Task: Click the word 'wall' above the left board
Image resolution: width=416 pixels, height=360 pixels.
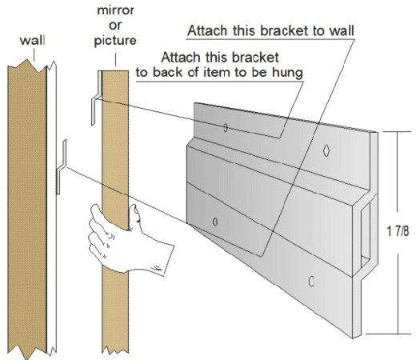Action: point(32,41)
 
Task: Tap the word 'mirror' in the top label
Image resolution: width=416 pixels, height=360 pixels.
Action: point(115,10)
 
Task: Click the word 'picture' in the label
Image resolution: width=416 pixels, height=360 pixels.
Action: point(115,41)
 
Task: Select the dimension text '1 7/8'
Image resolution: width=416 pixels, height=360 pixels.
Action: point(398,231)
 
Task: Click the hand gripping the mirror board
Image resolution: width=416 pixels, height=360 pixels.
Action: point(126,240)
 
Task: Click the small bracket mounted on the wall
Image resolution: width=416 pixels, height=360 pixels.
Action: point(61,166)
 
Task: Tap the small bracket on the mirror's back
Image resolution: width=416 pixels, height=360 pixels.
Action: point(97,98)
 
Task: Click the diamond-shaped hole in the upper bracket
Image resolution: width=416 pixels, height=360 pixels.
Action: point(326,151)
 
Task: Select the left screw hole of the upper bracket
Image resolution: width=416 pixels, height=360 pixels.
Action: point(226,128)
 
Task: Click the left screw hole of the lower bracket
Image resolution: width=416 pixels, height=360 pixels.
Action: point(215,222)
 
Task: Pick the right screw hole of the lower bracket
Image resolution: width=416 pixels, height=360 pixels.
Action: point(311,281)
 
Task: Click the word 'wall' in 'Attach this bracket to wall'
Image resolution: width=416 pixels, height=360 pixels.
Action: point(342,30)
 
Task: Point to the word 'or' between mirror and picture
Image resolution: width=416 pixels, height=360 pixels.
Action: point(115,26)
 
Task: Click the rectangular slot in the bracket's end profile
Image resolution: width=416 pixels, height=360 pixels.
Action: point(366,234)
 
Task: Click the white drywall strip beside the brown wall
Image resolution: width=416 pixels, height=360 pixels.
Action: point(52,208)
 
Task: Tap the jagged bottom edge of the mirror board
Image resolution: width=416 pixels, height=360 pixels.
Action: point(115,350)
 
